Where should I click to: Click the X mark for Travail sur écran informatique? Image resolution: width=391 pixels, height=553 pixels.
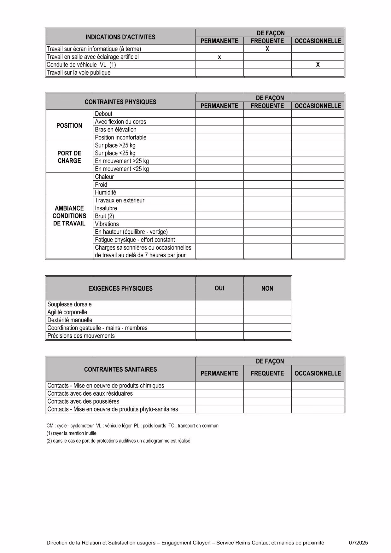pyautogui.click(x=267, y=49)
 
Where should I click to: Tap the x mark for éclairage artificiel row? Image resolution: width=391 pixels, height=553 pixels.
pyautogui.click(x=219, y=57)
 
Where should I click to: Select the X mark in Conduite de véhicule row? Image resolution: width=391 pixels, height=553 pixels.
pyautogui.click(x=318, y=65)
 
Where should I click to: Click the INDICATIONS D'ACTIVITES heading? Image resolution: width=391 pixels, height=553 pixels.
pyautogui.click(x=120, y=37)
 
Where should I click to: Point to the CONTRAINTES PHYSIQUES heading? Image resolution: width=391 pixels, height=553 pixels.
pyautogui.click(x=120, y=102)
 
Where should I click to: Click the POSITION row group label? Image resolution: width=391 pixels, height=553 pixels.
pyautogui.click(x=69, y=125)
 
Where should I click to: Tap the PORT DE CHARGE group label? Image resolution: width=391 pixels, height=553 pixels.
pyautogui.click(x=69, y=157)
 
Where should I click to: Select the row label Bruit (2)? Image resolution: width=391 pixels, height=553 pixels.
pyautogui.click(x=105, y=216)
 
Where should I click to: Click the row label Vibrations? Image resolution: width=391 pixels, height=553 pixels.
pyautogui.click(x=107, y=224)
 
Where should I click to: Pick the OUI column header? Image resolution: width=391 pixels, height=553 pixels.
pyautogui.click(x=219, y=288)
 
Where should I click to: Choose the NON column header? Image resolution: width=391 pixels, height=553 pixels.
pyautogui.click(x=267, y=288)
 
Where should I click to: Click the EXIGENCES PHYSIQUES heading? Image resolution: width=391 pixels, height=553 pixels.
pyautogui.click(x=120, y=288)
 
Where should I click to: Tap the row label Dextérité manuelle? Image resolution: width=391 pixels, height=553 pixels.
pyautogui.click(x=70, y=320)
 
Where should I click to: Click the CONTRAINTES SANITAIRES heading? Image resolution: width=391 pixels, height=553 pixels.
pyautogui.click(x=120, y=370)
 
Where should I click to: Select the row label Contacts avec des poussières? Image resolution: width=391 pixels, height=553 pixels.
pyautogui.click(x=83, y=401)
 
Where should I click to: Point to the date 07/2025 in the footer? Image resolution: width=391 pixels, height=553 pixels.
pyautogui.click(x=358, y=543)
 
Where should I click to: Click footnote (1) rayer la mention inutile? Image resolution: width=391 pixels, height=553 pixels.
pyautogui.click(x=72, y=434)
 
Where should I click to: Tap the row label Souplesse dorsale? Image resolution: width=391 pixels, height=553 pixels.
pyautogui.click(x=70, y=304)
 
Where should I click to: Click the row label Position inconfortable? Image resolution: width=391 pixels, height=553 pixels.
pyautogui.click(x=121, y=137)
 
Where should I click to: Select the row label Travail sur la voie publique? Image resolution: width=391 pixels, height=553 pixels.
pyautogui.click(x=79, y=73)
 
